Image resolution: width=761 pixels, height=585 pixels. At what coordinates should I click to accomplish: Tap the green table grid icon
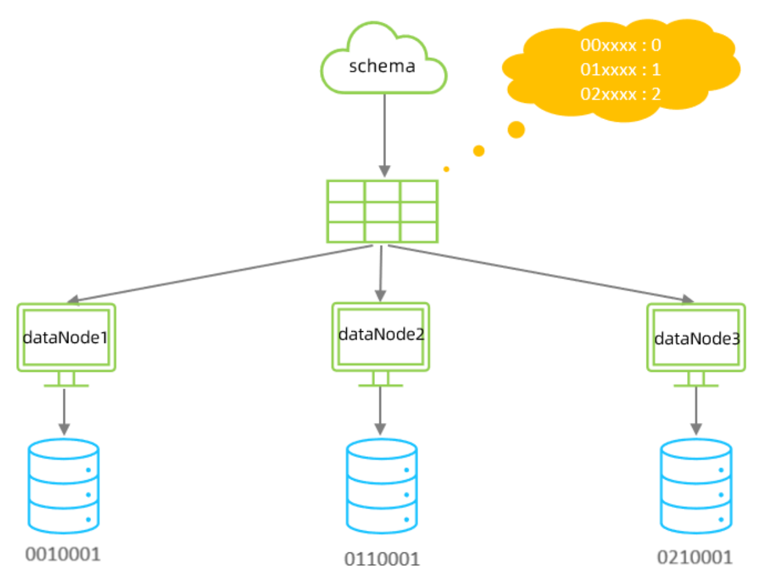point(382,211)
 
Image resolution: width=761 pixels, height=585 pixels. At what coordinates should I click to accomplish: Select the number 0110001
point(382,559)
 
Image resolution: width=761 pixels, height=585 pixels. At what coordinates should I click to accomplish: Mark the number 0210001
point(695,557)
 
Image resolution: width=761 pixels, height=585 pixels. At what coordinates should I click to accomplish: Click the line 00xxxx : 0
point(621,46)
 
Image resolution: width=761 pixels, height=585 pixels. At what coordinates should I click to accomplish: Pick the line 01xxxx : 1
point(621,70)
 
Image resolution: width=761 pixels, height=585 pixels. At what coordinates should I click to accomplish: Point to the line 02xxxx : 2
point(621,94)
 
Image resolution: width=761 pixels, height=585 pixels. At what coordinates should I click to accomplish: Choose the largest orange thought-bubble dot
point(516,129)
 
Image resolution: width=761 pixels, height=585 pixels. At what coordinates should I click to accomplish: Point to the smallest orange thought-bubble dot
point(446,169)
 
